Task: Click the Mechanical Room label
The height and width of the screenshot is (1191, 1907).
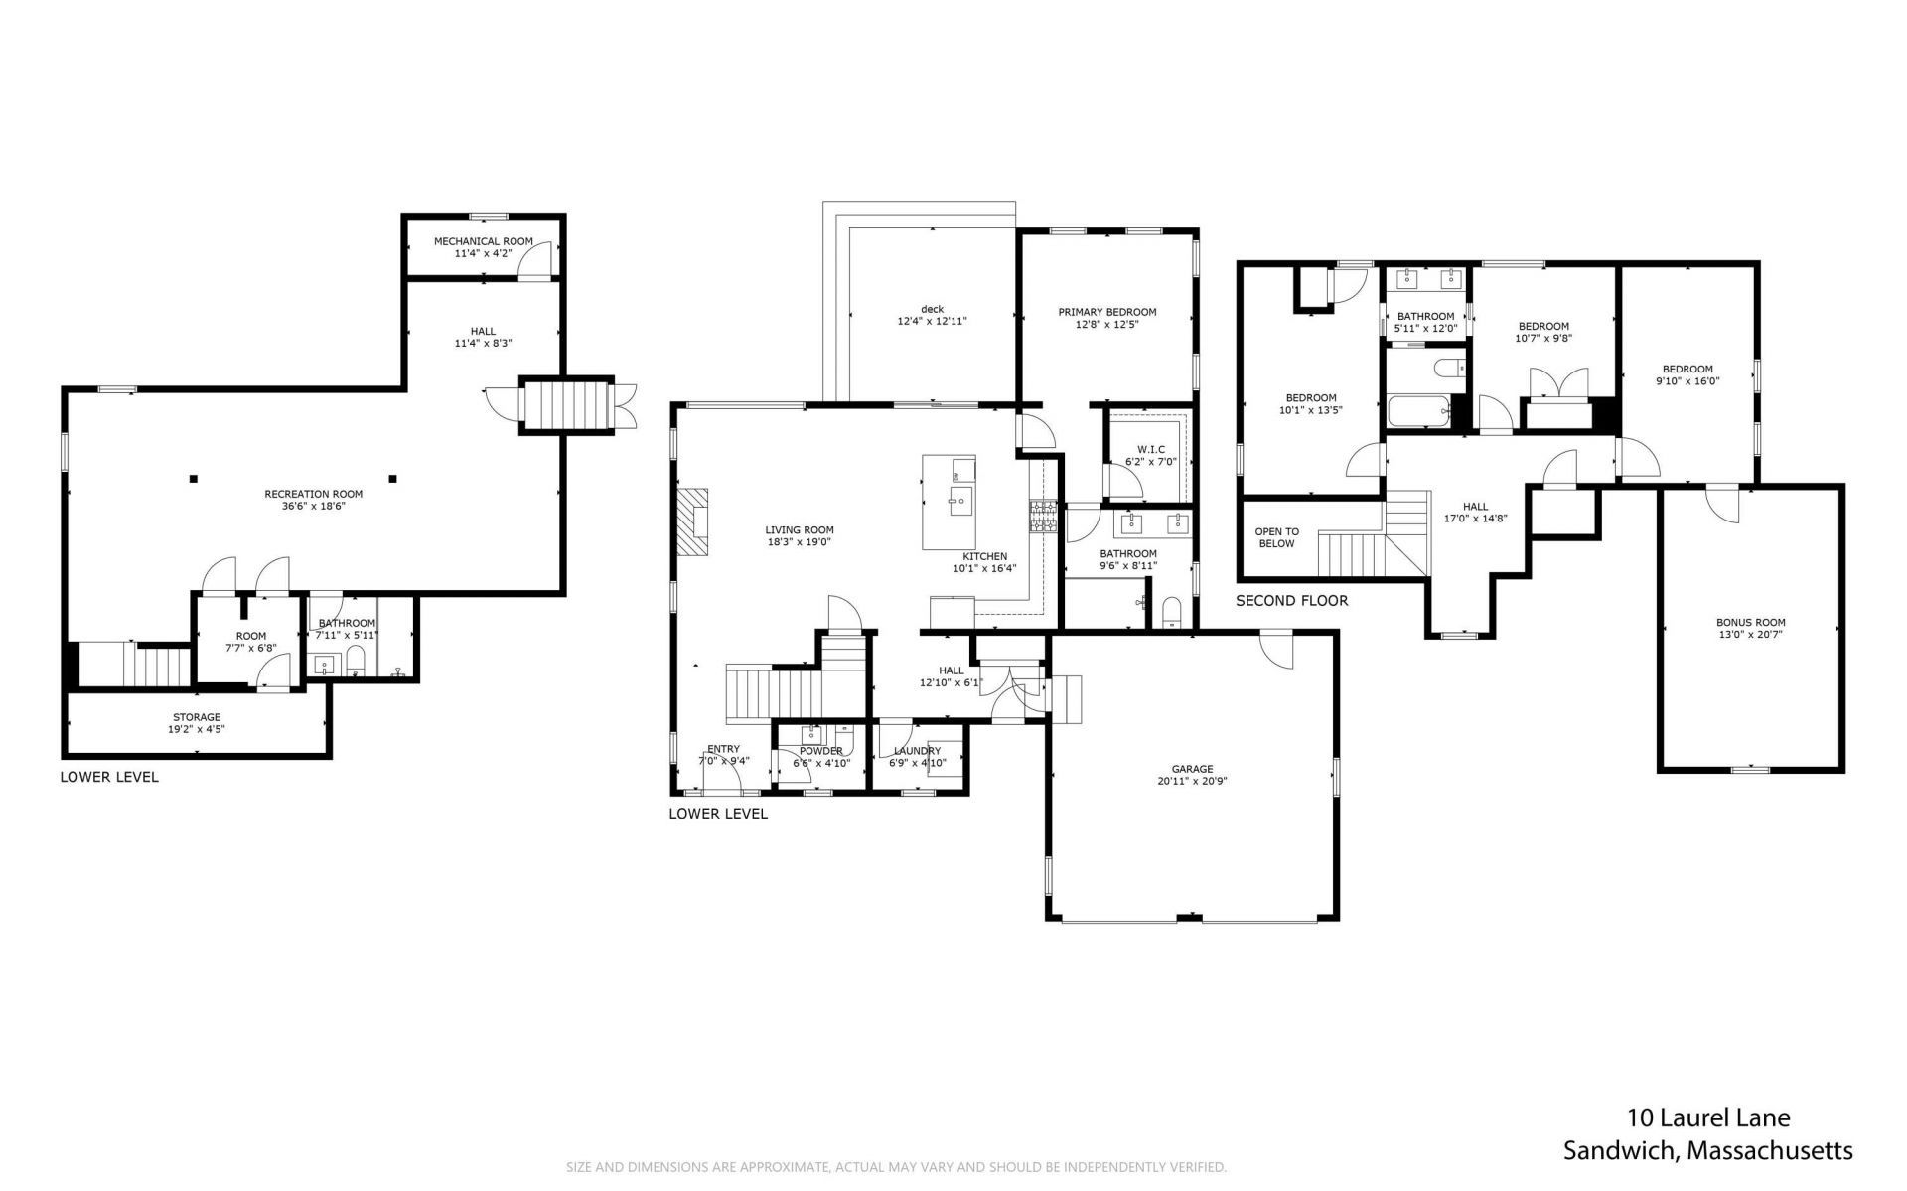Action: [x=483, y=241]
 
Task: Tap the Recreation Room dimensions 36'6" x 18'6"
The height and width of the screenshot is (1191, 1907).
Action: [x=313, y=506]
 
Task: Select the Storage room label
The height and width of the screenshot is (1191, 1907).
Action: [x=197, y=717]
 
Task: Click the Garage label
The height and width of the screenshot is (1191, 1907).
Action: [x=1192, y=769]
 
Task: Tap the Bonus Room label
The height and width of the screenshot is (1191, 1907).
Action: [x=1750, y=623]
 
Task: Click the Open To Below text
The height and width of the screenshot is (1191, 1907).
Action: [x=1276, y=537]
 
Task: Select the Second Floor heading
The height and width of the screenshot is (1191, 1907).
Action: [x=1292, y=601]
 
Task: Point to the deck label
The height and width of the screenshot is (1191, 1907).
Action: [x=932, y=309]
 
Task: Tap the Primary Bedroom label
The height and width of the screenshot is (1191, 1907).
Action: [x=1106, y=312]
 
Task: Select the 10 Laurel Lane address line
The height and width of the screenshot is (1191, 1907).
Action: [x=1708, y=1118]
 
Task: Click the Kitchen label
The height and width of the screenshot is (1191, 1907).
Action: [x=984, y=556]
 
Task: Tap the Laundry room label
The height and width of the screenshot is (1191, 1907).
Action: [x=916, y=751]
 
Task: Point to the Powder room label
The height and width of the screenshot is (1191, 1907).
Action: [x=820, y=751]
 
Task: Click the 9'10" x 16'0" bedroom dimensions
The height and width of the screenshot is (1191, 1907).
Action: [x=1687, y=381]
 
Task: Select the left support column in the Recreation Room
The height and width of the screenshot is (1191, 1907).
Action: [x=194, y=479]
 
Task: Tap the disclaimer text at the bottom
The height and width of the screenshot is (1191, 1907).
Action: [x=896, y=1167]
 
